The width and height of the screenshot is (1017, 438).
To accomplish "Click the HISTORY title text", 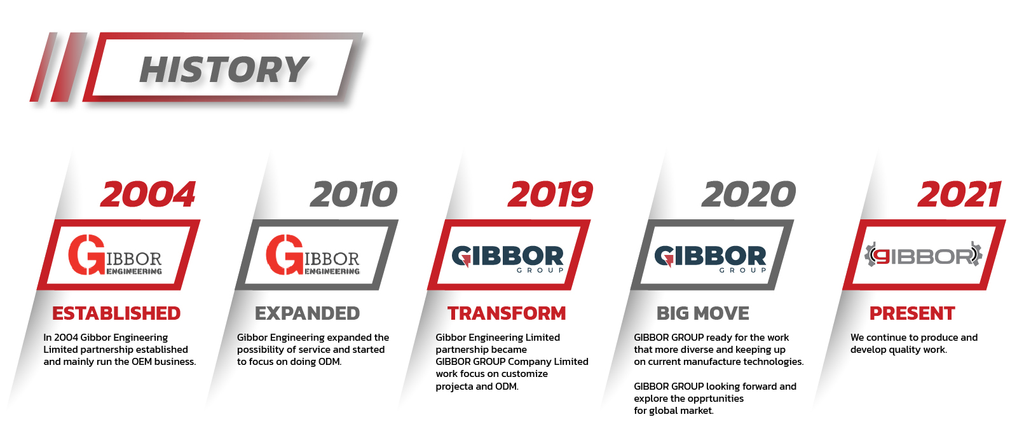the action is coord(224,70).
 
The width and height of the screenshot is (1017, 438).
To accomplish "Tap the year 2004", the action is coord(148,195).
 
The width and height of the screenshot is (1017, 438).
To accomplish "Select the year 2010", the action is coord(353,195).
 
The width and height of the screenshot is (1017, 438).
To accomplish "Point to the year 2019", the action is coord(550,195).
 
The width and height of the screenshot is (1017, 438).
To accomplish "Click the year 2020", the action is coord(749,195).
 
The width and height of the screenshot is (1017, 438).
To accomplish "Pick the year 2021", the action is coord(959,195).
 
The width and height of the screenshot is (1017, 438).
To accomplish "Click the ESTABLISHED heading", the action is coord(116,313).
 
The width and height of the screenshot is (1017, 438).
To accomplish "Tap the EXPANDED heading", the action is coord(308,313).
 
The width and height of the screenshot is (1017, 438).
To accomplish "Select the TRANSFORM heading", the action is coord(507,313).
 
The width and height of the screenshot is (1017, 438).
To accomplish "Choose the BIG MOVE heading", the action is coord(703,313).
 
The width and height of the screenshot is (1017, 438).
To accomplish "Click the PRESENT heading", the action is coord(912,313).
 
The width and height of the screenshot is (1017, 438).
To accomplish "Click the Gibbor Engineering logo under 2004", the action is coord(115,255).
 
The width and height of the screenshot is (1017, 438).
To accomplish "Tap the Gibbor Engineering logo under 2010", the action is coord(313,255).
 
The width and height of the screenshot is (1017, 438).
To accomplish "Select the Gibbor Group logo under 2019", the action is coord(508,259).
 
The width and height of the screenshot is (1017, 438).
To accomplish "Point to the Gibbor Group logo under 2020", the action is coord(711,259).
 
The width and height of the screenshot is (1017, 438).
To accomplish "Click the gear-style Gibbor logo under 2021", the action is coord(924,255).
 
